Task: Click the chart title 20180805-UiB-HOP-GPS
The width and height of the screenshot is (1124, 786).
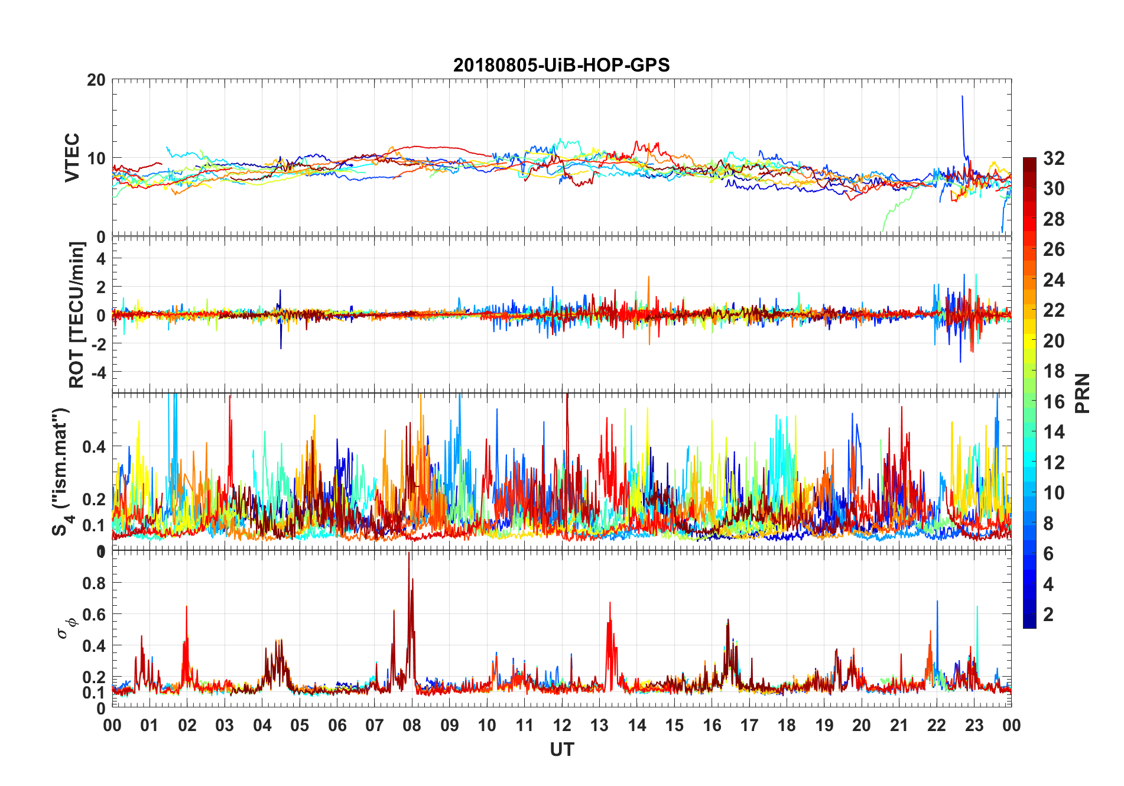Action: (561, 65)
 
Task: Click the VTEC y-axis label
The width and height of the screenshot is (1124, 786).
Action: (72, 157)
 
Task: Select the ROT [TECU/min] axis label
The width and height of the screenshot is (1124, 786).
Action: (77, 314)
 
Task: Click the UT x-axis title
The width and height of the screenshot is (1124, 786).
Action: (561, 749)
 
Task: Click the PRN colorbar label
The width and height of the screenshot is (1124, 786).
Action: (1082, 393)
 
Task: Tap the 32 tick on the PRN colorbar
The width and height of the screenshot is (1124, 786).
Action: (1054, 158)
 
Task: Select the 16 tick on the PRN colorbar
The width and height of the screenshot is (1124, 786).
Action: (1054, 402)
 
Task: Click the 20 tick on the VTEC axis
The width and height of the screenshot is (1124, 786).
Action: (96, 80)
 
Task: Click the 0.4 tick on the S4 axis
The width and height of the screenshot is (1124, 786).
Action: (94, 447)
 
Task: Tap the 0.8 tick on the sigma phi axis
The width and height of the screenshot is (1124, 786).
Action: (94, 583)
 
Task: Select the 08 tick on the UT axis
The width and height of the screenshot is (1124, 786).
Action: (412, 725)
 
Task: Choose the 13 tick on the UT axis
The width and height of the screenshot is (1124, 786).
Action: (599, 725)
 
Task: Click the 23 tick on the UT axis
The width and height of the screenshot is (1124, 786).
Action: (974, 725)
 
